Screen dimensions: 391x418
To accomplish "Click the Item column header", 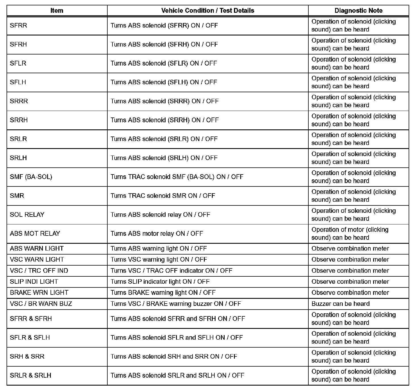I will (x=57, y=11).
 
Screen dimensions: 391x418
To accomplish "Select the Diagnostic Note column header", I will (x=358, y=11).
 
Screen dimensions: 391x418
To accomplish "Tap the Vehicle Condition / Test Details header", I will (x=208, y=11).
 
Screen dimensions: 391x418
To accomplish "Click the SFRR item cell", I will (x=18, y=26).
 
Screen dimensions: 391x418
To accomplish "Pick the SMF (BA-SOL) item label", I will (x=31, y=177).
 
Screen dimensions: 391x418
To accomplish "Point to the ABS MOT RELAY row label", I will (x=35, y=234).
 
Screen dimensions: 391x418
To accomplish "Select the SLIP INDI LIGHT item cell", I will (x=34, y=282).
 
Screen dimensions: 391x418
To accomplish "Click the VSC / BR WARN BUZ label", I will (x=41, y=304).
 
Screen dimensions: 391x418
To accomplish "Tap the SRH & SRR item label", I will (x=27, y=357).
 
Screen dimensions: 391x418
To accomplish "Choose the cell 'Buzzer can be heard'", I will (x=340, y=304).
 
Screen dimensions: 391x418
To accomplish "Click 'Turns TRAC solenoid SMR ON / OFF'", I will (x=163, y=196).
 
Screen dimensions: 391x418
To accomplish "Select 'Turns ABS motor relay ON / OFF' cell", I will (x=157, y=234).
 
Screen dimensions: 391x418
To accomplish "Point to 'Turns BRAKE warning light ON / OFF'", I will (x=163, y=293).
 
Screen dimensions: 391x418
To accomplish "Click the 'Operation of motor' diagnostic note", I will (x=350, y=234).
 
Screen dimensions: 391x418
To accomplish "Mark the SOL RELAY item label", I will (x=27, y=215).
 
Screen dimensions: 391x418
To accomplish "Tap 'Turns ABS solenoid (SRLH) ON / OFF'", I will (x=164, y=158).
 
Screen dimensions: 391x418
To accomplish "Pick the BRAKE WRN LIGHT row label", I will (x=39, y=293).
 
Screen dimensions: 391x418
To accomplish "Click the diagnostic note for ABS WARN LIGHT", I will (x=350, y=249).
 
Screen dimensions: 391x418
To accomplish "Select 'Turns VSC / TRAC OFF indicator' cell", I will (x=171, y=271).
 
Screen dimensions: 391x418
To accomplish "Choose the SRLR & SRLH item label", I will (x=30, y=375).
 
